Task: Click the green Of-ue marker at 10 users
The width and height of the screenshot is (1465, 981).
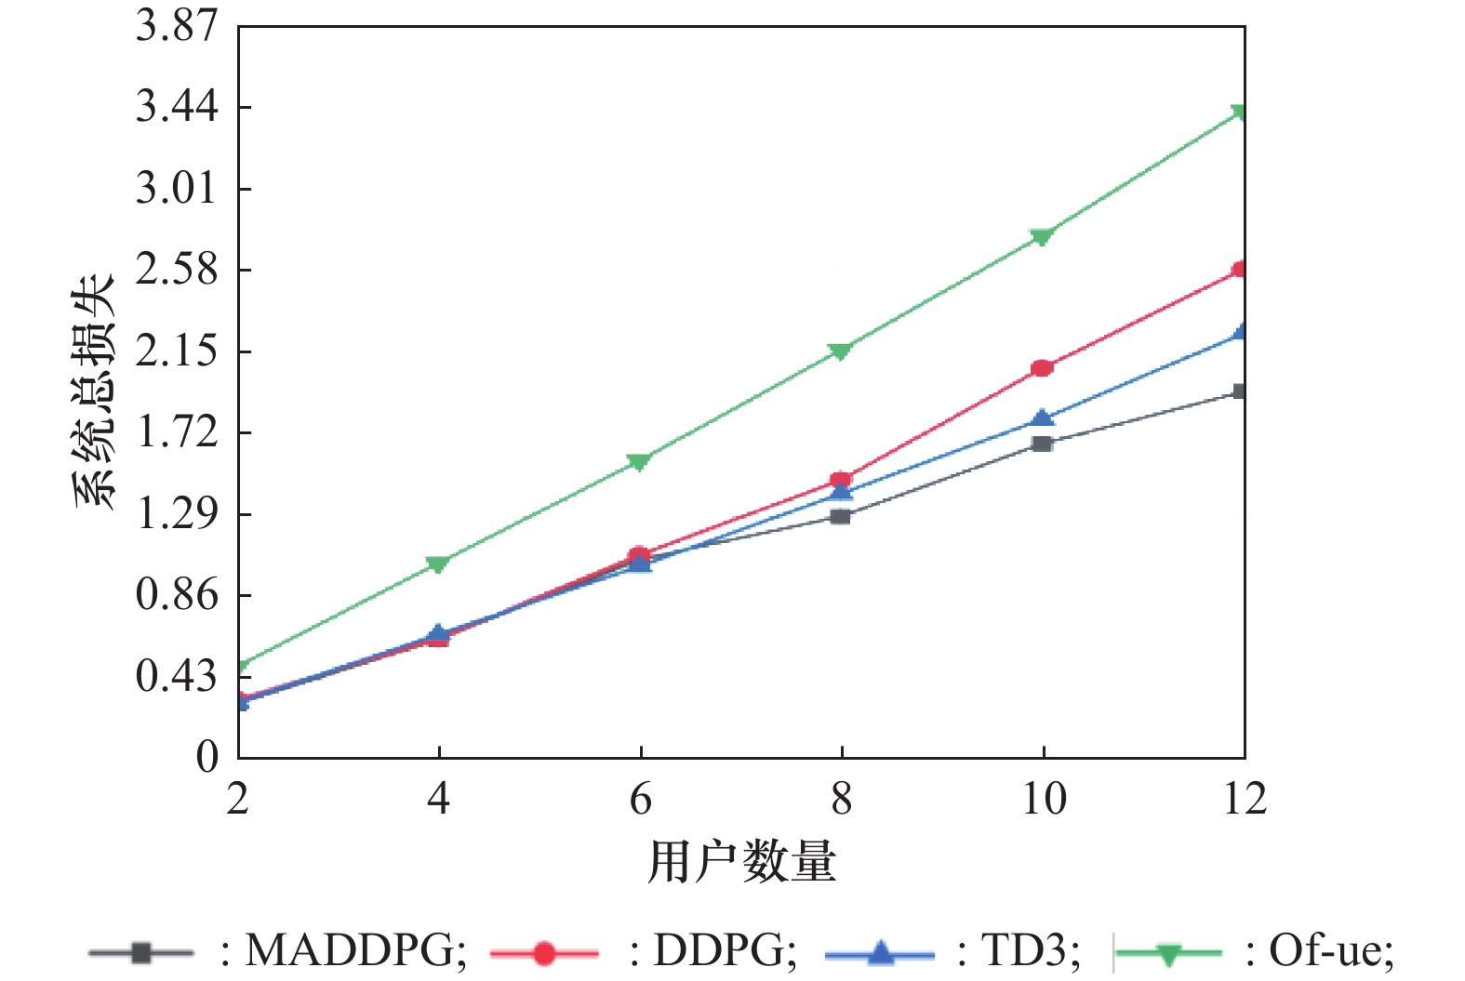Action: click(1042, 237)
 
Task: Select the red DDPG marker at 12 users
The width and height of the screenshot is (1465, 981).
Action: click(1240, 270)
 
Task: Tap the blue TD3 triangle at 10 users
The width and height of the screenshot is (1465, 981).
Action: click(1043, 418)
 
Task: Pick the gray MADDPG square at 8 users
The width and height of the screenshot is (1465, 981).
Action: click(840, 516)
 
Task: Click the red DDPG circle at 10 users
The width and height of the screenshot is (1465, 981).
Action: click(1042, 368)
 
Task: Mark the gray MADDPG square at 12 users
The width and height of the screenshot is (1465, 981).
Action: click(1240, 391)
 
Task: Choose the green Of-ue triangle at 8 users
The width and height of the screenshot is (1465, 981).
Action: click(840, 351)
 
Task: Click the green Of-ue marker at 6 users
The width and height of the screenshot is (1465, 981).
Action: click(639, 461)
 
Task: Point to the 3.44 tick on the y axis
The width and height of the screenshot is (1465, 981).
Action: click(177, 107)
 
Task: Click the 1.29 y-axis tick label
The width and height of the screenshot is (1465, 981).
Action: click(177, 514)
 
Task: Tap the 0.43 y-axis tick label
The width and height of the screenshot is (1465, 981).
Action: click(177, 676)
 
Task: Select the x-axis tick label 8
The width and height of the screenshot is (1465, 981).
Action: click(841, 799)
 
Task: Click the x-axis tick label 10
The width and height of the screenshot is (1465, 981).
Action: click(1043, 799)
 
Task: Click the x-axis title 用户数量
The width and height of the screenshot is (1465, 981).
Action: click(741, 862)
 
